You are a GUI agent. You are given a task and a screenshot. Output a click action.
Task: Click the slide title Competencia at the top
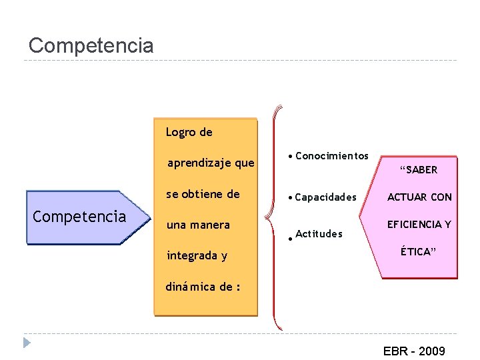(91, 45)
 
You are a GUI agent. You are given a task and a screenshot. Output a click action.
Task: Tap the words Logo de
(189, 132)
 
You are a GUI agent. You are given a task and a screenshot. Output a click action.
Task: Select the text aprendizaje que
(211, 163)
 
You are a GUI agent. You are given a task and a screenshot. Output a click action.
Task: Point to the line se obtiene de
(203, 194)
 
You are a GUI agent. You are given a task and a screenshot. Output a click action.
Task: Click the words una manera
(198, 225)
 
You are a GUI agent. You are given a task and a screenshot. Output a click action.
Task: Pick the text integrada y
(197, 255)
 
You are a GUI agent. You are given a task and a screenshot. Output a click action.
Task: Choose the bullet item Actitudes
(319, 233)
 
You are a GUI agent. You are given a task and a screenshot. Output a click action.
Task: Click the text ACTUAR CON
(419, 197)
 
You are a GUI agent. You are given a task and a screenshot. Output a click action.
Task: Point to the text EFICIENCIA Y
(419, 224)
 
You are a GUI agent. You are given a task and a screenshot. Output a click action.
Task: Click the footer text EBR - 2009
(413, 351)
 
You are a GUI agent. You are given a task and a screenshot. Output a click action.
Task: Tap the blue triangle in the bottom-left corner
(26, 343)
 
